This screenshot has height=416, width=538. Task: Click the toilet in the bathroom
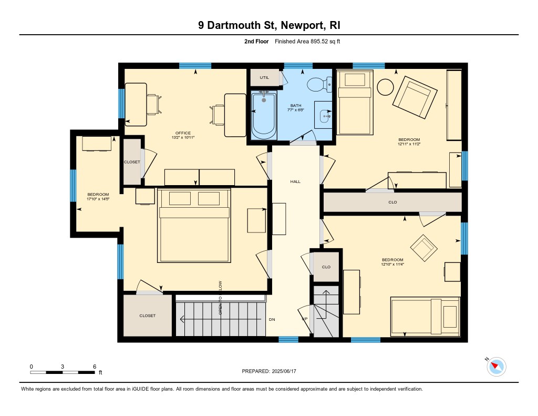[319, 85]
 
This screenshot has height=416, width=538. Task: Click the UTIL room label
[264, 78]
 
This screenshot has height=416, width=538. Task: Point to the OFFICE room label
[183, 133]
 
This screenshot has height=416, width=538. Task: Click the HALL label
[295, 181]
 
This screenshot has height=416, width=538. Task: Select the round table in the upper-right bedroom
[385, 87]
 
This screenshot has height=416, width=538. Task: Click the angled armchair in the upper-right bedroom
[415, 98]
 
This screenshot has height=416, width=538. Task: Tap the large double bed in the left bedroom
[194, 225]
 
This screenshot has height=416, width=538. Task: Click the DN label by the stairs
[272, 319]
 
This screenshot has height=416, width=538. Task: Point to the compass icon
[496, 367]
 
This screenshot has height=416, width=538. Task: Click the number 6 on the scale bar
[95, 367]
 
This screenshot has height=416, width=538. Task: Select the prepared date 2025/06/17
[284, 371]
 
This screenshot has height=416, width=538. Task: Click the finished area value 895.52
[319, 42]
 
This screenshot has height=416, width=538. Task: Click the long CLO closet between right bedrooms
[392, 202]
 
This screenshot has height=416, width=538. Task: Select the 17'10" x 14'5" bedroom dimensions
[98, 199]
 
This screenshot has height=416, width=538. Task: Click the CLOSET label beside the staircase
[148, 316]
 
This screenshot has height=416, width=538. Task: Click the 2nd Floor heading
[256, 42]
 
